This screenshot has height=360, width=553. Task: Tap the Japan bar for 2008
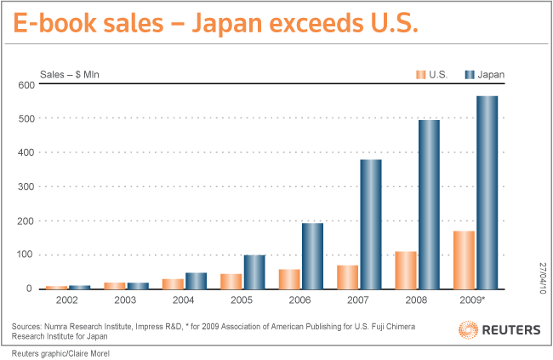[x=429, y=204]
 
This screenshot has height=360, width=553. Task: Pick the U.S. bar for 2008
[x=406, y=270]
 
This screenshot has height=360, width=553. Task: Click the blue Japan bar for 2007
[x=370, y=224]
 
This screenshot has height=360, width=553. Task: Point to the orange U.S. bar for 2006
[x=289, y=279]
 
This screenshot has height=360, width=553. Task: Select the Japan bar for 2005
[x=254, y=271]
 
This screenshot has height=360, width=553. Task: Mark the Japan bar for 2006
[x=312, y=255]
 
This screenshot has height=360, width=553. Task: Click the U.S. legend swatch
[x=420, y=75]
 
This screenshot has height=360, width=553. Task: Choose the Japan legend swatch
[x=469, y=75]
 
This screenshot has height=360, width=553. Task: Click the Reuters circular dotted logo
[x=468, y=329]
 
